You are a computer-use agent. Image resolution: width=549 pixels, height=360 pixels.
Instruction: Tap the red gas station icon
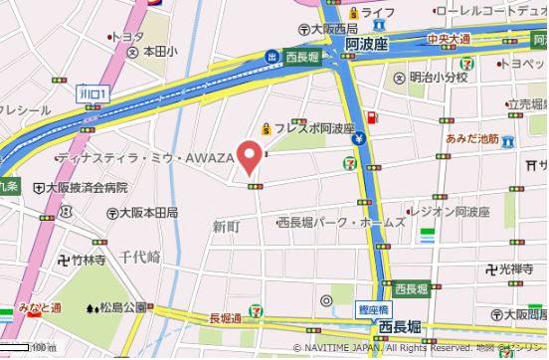(372, 118)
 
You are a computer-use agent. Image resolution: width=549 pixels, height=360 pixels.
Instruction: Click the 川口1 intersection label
(93, 91)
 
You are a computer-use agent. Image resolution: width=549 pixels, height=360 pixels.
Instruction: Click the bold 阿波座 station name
(366, 44)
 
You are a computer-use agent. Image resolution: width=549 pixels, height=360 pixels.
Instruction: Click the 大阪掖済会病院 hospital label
(88, 187)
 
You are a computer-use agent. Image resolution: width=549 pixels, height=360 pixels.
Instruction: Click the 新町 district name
(227, 227)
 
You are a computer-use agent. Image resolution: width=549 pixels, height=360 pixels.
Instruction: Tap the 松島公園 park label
(125, 307)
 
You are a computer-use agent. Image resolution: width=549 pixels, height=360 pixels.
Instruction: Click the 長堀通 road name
(226, 317)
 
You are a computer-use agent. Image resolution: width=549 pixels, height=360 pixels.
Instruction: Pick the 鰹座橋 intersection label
(372, 309)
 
